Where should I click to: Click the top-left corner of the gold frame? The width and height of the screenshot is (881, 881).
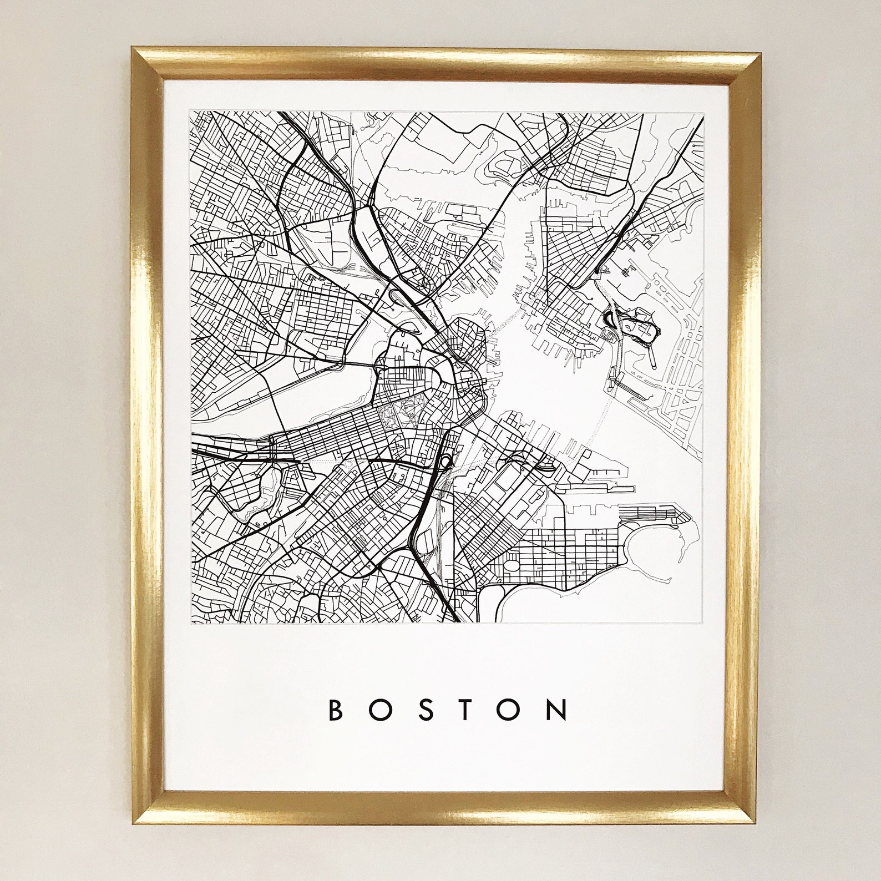133,49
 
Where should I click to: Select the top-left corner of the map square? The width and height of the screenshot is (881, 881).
191,112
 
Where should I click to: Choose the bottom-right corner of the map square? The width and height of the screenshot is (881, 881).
704,623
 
